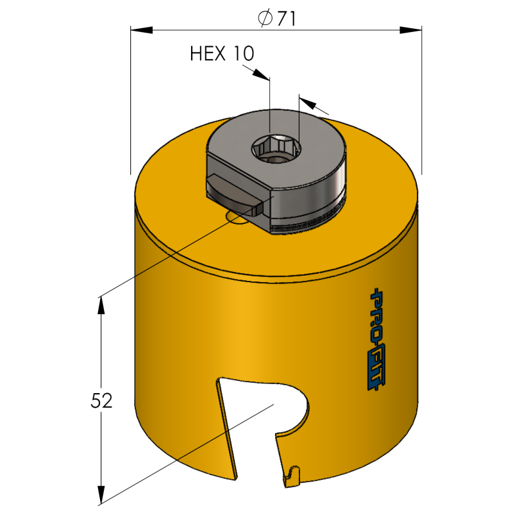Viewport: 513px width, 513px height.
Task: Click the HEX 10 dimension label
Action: [x=223, y=54]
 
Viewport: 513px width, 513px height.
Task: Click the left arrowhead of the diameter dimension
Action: [x=142, y=29]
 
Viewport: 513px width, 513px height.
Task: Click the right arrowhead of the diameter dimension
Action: [x=410, y=29]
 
